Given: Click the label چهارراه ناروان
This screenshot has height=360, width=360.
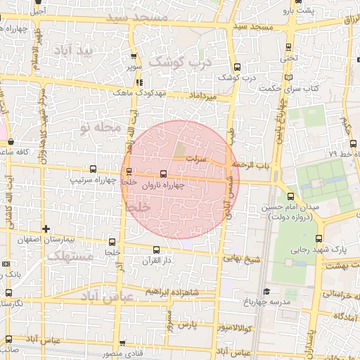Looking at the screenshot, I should pos(163,186).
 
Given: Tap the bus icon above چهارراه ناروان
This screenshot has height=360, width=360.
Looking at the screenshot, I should pos(163,174).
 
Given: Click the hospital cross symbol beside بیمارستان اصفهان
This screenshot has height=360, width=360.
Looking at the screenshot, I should pos(46,229).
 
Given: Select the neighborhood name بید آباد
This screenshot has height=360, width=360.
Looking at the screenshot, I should pos(76,51).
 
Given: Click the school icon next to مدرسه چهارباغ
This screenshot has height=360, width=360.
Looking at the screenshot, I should pos(266,291).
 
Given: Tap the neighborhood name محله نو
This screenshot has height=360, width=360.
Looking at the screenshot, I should pos(101,128).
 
